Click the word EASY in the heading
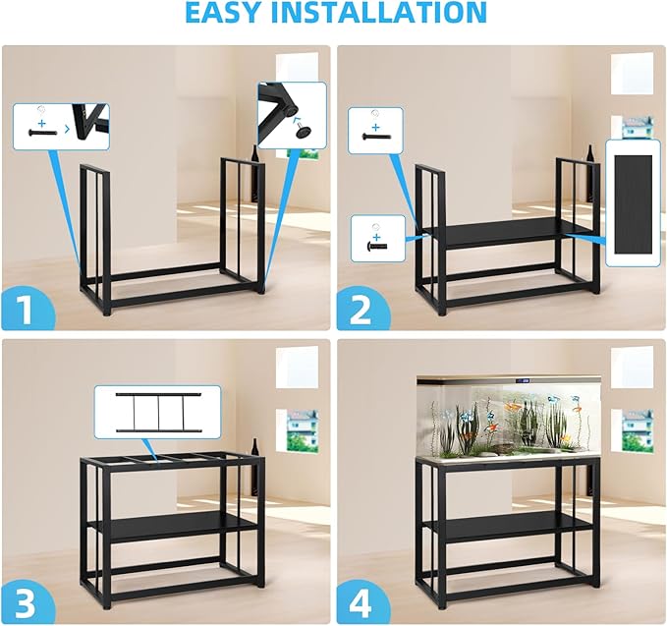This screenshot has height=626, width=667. pos(229,13)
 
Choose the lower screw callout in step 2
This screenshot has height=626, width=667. pos(378,239)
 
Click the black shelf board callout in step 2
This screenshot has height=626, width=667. pos(633,202)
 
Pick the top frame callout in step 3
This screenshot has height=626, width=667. pos(157,411)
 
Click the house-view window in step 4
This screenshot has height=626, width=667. pos(637,429)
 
